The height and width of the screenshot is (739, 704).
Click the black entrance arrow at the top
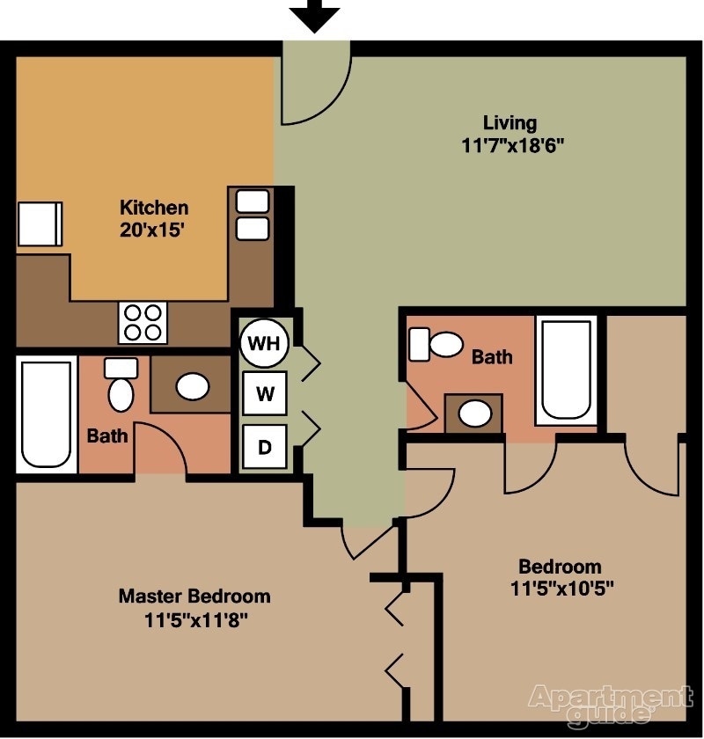pos(314,15)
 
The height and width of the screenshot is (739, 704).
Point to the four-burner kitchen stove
pos(143,322)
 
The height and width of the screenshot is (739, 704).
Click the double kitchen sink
pos(253,215)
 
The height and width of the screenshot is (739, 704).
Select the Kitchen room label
pos(154,209)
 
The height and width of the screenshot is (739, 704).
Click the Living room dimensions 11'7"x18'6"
pos(511,145)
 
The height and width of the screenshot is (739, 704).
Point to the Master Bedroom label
pos(194,596)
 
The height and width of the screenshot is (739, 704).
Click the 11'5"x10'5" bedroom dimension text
pos(560,589)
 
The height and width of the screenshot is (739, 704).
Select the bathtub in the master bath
pos(46,413)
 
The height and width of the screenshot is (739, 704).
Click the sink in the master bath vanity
pos(192,385)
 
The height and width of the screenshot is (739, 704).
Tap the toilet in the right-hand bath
pos(437,344)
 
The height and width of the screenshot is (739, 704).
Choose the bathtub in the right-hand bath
pos(566,369)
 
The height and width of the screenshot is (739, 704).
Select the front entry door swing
pos(315,84)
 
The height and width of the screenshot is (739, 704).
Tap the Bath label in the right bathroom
pos(492,357)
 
